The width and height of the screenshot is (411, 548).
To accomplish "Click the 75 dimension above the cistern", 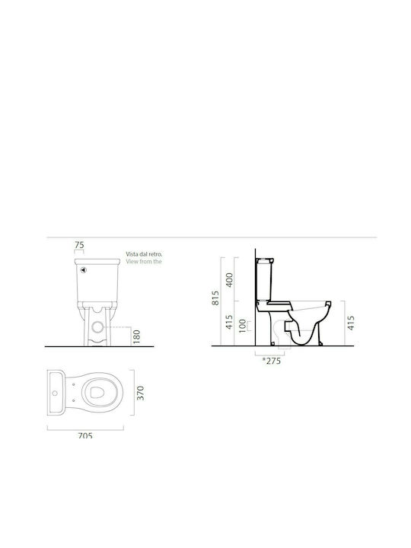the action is [79, 245].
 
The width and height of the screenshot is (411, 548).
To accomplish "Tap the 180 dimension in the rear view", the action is [137, 337].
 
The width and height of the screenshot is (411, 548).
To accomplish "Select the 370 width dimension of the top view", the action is [140, 393].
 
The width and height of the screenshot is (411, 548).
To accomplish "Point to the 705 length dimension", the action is [85, 435].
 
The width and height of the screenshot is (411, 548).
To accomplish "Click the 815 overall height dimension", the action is [215, 298].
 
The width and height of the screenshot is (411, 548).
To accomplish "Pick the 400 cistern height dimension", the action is [229, 280].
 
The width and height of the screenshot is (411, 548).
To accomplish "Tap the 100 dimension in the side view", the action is [242, 326].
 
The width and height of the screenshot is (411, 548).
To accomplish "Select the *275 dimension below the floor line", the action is [272, 361].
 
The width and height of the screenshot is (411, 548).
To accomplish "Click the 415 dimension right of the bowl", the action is [351, 323].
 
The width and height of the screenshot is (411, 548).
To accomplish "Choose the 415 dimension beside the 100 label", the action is [229, 322].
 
